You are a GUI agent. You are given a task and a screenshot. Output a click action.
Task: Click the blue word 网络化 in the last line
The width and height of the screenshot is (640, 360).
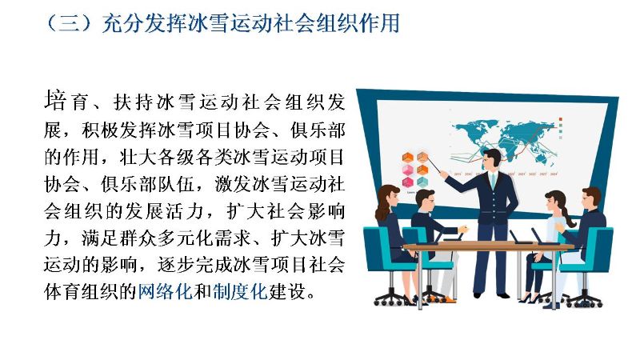tap(165, 291)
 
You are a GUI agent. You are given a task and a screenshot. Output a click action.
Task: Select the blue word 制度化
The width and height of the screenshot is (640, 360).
tap(240, 291)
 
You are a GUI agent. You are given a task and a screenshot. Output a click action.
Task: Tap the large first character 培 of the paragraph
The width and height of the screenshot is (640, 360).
tap(55, 101)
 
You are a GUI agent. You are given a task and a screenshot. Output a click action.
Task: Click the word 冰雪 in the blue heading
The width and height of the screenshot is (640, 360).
tap(208, 23)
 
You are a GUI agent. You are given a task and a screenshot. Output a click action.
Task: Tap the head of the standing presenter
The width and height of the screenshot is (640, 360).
tap(492, 160)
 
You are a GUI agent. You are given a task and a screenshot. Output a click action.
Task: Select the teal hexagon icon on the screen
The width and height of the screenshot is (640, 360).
tap(422, 182)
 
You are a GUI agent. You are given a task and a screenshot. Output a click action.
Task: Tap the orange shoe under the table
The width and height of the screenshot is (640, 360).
tap(450, 299)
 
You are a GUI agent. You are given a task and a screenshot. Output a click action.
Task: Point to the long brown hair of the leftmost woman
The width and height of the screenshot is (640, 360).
tap(385, 203)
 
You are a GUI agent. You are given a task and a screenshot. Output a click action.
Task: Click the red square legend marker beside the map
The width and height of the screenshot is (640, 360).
tap(561, 119)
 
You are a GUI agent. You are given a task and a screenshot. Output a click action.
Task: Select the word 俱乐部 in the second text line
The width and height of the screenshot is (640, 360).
tap(318, 130)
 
